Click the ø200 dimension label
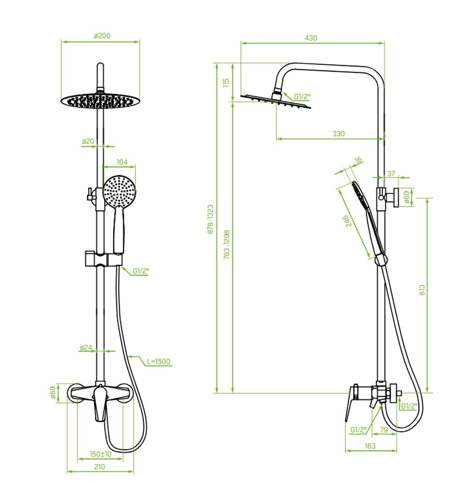click(102, 36)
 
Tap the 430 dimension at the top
click(311, 38)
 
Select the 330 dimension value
click(338, 134)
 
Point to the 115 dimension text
click(226, 83)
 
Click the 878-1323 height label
click(210, 219)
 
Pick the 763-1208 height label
click(226, 244)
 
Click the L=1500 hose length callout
click(158, 361)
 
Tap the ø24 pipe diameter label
click(86, 348)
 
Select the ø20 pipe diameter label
click(88, 141)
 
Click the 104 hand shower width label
click(122, 162)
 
